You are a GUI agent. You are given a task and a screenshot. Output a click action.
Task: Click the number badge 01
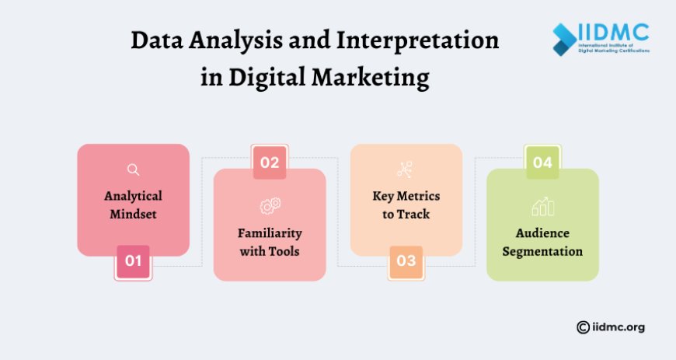133,261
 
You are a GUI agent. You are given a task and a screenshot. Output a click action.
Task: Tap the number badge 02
270,163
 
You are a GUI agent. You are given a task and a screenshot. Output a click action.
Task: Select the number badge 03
406,261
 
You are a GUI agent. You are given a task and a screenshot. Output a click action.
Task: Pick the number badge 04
543,163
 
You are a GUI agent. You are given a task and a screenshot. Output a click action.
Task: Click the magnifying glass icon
133,170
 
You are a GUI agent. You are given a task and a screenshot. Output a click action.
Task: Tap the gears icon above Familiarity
270,206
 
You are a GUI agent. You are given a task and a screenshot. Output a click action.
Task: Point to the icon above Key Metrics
406,170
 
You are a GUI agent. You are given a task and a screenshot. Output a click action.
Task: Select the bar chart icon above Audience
543,206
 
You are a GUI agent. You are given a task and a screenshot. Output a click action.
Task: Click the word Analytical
133,195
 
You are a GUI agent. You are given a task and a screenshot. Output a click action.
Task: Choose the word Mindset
133,213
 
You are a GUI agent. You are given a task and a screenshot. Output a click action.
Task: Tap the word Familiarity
270,233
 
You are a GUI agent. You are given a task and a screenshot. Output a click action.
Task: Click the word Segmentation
543,252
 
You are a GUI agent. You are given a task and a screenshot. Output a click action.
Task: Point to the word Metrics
426,195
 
